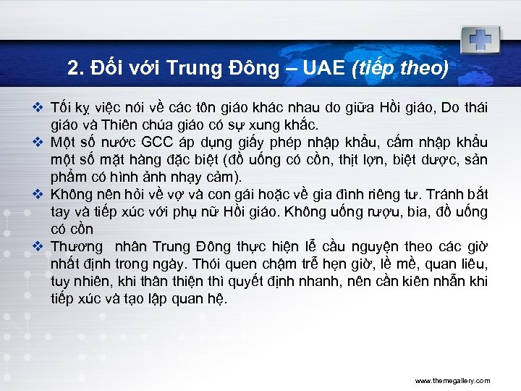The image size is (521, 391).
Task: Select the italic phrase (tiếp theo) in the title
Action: coord(399,70)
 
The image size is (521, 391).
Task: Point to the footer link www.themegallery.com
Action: coord(452,380)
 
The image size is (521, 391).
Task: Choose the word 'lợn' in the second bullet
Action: coord(369,159)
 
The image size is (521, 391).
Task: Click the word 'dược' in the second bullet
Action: coord(433,159)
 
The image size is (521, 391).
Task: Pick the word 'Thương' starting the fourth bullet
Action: coord(75,246)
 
